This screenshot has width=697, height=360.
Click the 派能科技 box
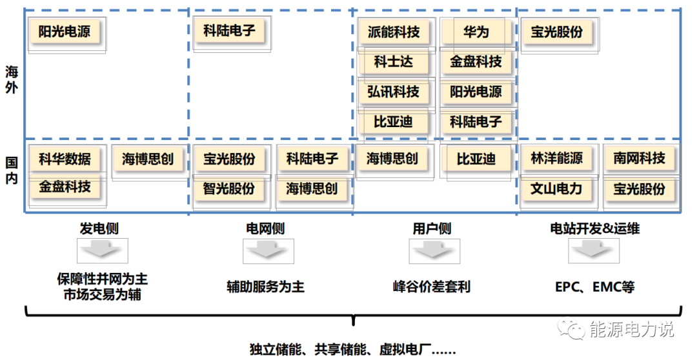coord(393,32)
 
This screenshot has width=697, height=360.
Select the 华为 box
coord(476,32)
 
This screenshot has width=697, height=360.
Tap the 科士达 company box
coord(393,62)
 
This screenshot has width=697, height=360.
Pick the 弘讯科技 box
coord(393,92)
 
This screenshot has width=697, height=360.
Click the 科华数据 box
coord(65,159)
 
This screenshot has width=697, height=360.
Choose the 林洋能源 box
coord(556,159)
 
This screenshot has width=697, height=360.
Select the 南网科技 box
coord(639,159)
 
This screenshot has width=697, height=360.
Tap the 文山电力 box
coord(556,189)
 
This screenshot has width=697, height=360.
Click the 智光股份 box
coord(229,189)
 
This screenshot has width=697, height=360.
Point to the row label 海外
coord(11,79)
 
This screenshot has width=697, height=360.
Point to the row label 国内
coord(11,170)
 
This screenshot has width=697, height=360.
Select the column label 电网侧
coord(265,228)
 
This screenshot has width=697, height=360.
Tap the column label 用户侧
coord(432,228)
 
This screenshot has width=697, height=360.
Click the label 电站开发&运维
coord(594,228)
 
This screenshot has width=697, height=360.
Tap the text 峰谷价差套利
coord(432,286)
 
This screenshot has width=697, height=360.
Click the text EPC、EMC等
coord(594,286)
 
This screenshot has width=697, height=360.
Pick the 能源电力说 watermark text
coord(631,330)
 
